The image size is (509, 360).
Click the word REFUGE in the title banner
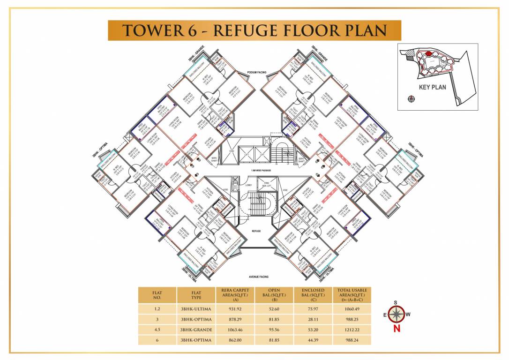[x=242, y=30]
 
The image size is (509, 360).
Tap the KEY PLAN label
[x=432, y=87]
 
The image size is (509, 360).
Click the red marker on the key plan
[x=428, y=54]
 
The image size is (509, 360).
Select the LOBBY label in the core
[x=248, y=185]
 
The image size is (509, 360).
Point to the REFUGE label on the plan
[x=256, y=231]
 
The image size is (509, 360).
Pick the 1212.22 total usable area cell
[x=352, y=330]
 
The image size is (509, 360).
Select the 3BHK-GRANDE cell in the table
[x=196, y=330]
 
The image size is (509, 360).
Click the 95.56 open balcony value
[x=274, y=330]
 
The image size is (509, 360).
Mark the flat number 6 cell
[x=157, y=340]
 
